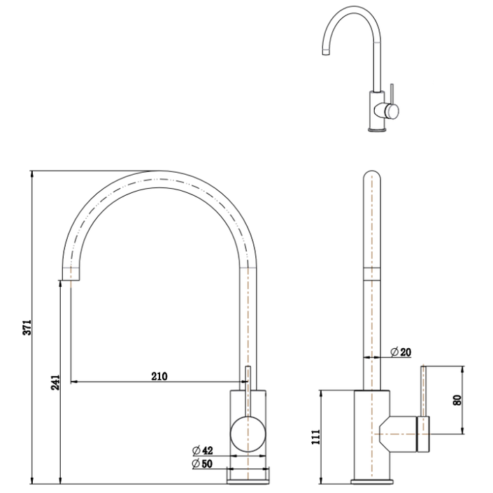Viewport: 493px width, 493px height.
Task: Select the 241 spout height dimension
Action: tap(56, 382)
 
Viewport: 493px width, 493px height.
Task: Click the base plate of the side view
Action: tap(371, 481)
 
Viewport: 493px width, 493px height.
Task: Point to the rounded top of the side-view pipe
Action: tap(372, 177)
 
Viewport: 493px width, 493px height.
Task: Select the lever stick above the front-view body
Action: tap(246, 378)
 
